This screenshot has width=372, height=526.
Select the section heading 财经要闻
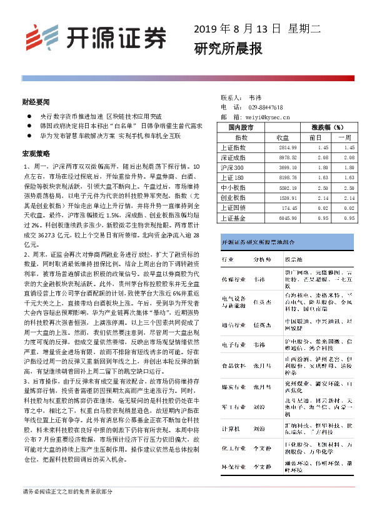(35, 101)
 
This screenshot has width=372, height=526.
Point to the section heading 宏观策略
(36, 153)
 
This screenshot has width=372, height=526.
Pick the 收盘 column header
(283, 137)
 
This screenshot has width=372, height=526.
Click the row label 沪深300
(233, 168)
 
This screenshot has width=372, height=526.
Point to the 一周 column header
(345, 137)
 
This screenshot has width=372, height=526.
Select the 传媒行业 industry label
(235, 280)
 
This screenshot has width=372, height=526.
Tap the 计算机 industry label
(231, 429)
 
